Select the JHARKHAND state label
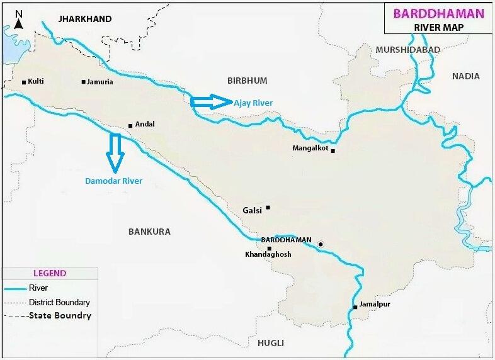pos(85,19)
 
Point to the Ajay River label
pos(253,103)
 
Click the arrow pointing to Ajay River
pos(211,102)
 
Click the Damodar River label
pos(113,181)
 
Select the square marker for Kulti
pos(24,82)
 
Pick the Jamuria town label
pos(100,81)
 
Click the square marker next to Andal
pos(130,125)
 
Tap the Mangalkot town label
pos(310,149)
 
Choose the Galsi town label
pos(253,210)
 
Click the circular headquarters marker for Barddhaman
pos(321,244)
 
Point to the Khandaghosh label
pos(268,254)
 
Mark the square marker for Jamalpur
pos(355,307)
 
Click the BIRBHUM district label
pos(247,81)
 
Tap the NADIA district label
pos(465,76)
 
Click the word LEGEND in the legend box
pos(50,273)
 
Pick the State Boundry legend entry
pos(60,315)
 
